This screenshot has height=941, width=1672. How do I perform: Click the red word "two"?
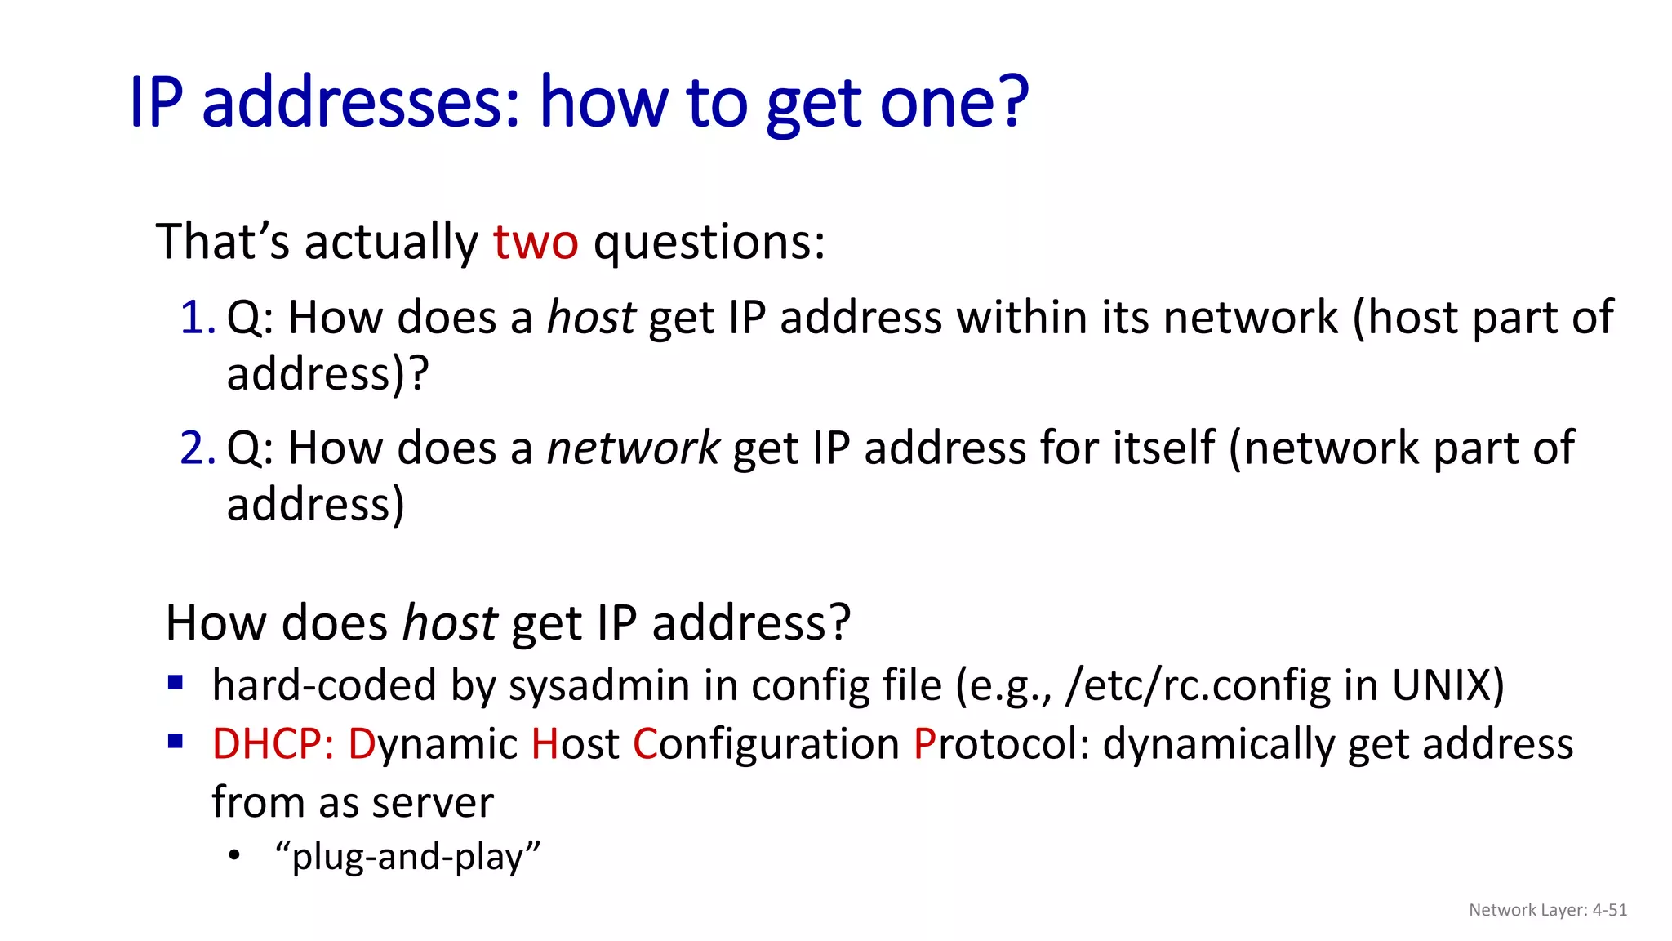(536, 243)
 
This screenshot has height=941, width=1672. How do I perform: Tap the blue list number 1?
(196, 318)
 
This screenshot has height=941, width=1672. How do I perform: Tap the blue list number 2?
(196, 448)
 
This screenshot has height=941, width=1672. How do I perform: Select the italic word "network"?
(633, 448)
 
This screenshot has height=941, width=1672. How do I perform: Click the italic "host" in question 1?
(590, 318)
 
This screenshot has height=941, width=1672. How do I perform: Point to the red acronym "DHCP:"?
(273, 744)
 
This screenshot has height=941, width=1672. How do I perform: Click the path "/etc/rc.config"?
(1198, 685)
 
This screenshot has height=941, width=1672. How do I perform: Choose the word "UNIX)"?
(1447, 685)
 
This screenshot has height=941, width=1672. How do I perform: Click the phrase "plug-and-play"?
(408, 857)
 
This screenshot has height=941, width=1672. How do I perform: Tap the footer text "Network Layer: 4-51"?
(1547, 910)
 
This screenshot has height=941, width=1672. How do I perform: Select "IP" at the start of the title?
(156, 103)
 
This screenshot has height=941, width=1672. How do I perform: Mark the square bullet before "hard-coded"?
(175, 682)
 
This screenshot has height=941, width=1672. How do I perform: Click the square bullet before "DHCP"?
(175, 741)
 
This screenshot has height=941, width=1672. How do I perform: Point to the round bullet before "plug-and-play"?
(235, 855)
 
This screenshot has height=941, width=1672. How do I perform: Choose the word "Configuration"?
(766, 744)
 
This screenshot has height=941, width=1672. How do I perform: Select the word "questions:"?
(709, 243)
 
